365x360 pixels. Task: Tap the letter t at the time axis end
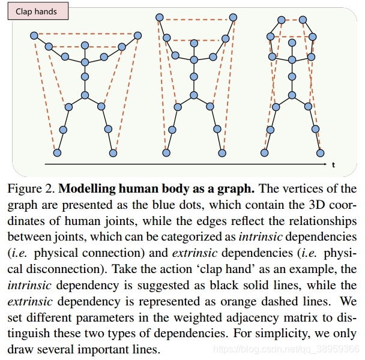(333, 164)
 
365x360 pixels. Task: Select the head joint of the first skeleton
(85, 46)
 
